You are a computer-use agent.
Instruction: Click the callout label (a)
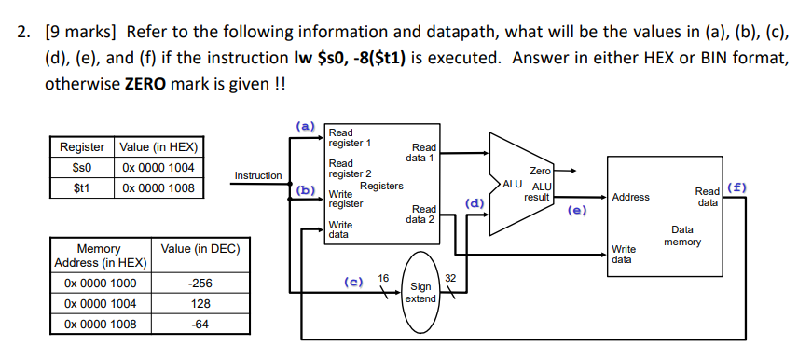306,124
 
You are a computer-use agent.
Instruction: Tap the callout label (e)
578,211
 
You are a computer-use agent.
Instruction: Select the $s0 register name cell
82,167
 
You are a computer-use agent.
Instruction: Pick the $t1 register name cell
82,187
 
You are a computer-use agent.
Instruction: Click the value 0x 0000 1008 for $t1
158,187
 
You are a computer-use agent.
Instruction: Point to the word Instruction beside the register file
258,175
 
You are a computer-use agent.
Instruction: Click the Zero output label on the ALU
540,172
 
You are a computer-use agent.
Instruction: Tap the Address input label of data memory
631,197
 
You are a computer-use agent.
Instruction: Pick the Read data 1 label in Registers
423,152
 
